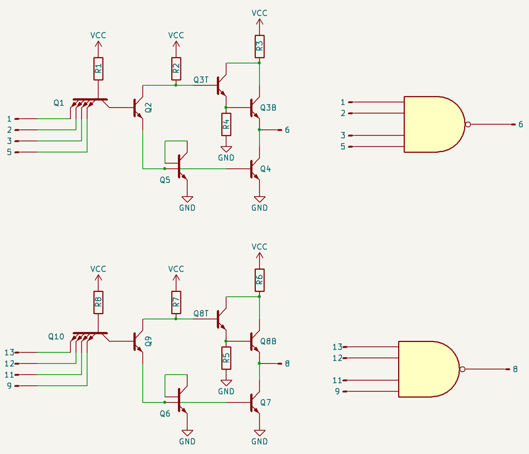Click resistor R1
[x=98, y=69]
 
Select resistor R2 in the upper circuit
[x=176, y=69]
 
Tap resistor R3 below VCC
[x=260, y=45]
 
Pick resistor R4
[x=226, y=123]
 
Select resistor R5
[x=226, y=357]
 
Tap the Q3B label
[x=268, y=108]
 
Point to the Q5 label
[x=164, y=180]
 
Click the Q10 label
[x=56, y=337]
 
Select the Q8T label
[x=201, y=314]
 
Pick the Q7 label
[x=266, y=402]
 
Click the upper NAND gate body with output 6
[x=433, y=124]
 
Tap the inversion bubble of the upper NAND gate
[x=468, y=124]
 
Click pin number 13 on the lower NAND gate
[x=337, y=347]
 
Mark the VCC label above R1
[x=98, y=35]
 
